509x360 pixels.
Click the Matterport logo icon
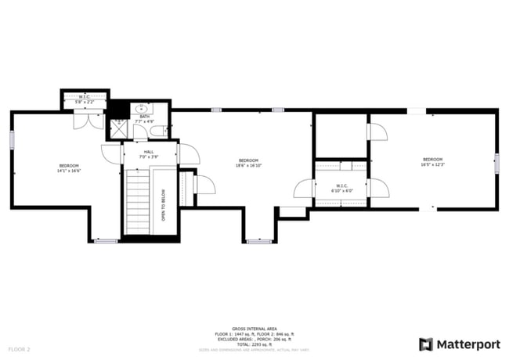click(x=425, y=344)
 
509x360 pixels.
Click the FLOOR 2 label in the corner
click(x=19, y=348)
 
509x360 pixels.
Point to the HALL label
click(x=149, y=153)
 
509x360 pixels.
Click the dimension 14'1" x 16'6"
click(x=69, y=171)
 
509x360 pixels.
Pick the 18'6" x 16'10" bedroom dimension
click(x=248, y=165)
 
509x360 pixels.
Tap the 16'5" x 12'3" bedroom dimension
click(x=432, y=164)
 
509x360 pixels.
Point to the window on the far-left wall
click(x=12, y=139)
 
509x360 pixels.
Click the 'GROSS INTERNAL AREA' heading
click(x=254, y=329)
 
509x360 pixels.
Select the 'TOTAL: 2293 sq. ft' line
click(x=254, y=344)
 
